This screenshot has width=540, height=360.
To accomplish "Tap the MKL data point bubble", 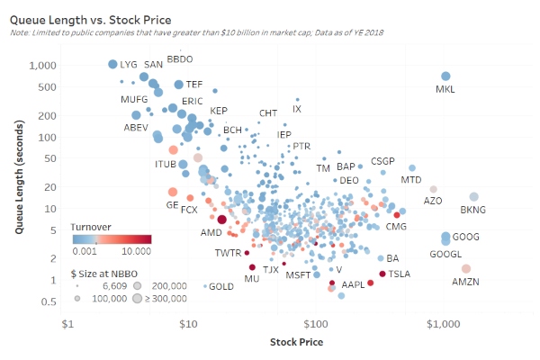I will [x=445, y=76].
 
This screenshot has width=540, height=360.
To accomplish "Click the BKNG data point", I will [x=474, y=197].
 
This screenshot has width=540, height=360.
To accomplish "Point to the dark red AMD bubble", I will [x=221, y=220].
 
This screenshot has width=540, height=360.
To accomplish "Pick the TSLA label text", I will [x=399, y=274].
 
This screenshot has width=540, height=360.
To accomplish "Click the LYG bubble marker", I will [x=112, y=64].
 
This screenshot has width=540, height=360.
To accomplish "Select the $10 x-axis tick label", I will [x=188, y=323].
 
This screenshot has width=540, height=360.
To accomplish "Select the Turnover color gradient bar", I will [x=112, y=239].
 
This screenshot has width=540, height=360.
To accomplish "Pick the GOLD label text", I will [x=221, y=287].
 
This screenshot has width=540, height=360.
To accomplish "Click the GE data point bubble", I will [x=173, y=192].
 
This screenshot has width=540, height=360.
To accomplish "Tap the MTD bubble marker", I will [x=412, y=168].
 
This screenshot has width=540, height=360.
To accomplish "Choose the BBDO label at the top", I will [x=180, y=59].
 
